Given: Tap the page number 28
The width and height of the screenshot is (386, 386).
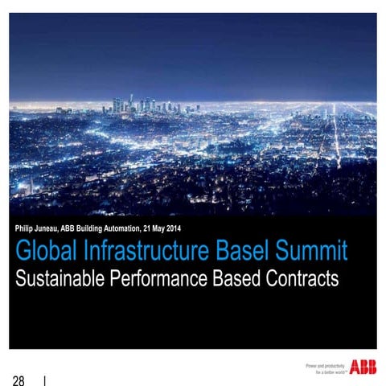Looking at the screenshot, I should point(18,379).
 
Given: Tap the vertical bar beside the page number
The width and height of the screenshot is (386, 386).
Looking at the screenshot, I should point(45,379).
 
